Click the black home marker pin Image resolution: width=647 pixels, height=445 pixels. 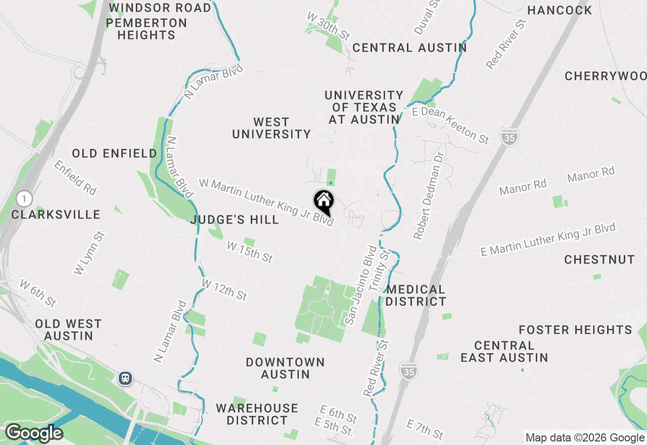pos(323,202)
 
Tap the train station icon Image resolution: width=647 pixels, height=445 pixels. pos(125,378)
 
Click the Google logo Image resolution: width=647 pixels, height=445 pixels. pos(34,433)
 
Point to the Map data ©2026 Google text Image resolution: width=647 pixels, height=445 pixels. pos(585,438)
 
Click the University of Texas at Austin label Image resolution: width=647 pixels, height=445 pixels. pos(364,107)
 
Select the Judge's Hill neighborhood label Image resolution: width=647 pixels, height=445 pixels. pos(235,219)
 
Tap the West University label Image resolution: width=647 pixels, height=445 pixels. pos(271,128)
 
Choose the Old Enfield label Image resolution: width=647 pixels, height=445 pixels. pos(114,153)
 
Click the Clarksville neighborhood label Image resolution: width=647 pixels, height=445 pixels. pos(56,214)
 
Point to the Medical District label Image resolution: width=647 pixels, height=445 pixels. pos(416,295)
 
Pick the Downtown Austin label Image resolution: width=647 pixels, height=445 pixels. pos(285,368)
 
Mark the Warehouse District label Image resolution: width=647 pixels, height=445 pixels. pos(257,414)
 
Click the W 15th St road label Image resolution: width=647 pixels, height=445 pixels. pos(250,252)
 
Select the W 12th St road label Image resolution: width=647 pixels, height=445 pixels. pos(224,289)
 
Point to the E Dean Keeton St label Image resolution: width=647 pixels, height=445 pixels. pos(451,125)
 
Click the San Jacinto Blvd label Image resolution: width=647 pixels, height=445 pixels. pos(361,285)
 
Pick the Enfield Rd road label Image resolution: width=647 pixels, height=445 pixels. pos(75,177)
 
